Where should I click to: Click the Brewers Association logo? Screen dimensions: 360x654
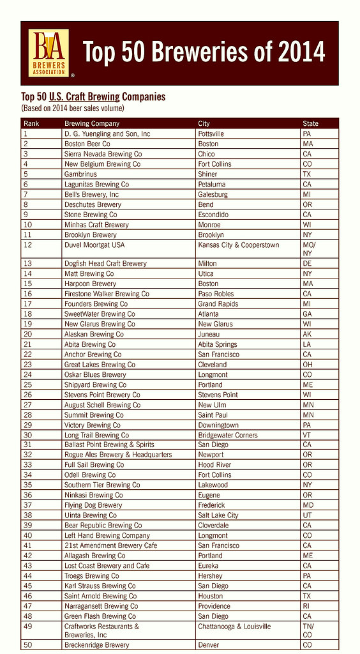[50, 53]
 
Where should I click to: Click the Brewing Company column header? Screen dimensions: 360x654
[92, 123]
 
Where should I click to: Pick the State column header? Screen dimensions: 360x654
[310, 123]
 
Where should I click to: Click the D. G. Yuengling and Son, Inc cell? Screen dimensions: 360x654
[107, 134]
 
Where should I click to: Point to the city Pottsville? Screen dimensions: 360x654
[211, 134]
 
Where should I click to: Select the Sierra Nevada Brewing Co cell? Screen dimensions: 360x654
[103, 154]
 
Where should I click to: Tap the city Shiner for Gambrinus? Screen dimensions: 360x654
[207, 174]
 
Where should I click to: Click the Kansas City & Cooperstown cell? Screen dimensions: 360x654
[238, 245]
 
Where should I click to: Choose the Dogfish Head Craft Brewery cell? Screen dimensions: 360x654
[105, 263]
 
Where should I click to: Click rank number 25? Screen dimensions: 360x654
[27, 385]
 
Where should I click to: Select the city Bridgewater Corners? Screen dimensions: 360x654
[228, 436]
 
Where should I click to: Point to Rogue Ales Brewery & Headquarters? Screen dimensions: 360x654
[118, 455]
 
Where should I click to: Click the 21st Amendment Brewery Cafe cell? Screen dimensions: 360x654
[110, 545]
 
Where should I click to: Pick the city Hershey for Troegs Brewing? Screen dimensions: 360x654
[210, 576]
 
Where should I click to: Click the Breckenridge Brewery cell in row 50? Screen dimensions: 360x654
[96, 645]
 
